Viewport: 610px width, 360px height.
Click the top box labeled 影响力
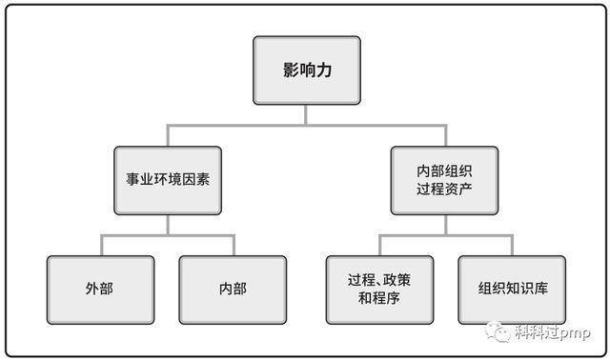pos(306,70)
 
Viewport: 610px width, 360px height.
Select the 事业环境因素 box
pos(168,179)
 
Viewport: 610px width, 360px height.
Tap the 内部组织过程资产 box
pos(444,179)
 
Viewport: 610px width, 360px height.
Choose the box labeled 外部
pos(98,289)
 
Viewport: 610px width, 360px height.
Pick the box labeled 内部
pos(233,289)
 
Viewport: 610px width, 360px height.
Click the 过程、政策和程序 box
pos(378,289)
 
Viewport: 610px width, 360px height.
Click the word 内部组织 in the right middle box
pos(444,170)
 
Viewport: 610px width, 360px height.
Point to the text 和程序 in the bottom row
pos(378,298)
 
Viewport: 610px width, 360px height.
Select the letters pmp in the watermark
pos(576,332)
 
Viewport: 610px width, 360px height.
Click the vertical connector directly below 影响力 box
pos(306,113)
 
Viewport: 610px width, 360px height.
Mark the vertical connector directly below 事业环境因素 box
pos(168,224)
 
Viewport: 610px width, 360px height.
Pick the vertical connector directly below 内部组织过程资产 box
pos(444,224)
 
